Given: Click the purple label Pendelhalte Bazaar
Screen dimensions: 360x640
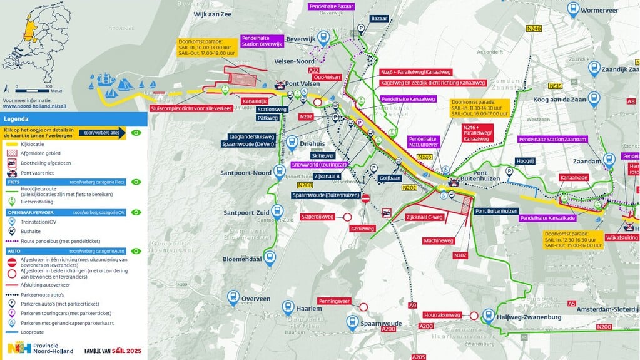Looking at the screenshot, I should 332,6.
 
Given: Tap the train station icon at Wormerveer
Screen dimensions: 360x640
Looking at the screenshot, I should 572,8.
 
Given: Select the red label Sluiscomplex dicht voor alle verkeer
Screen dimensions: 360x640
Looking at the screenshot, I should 191,108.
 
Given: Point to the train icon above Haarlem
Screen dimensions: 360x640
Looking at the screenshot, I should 288,306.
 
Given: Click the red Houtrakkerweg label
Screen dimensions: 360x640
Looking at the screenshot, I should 442,316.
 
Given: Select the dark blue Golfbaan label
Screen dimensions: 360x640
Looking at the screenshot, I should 389,177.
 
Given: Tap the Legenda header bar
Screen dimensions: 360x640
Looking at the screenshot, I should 74,118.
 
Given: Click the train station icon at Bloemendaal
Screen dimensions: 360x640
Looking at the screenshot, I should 270,259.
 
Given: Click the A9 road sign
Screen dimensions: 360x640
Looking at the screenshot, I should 412,305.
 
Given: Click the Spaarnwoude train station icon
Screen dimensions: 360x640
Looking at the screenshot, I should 353,322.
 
